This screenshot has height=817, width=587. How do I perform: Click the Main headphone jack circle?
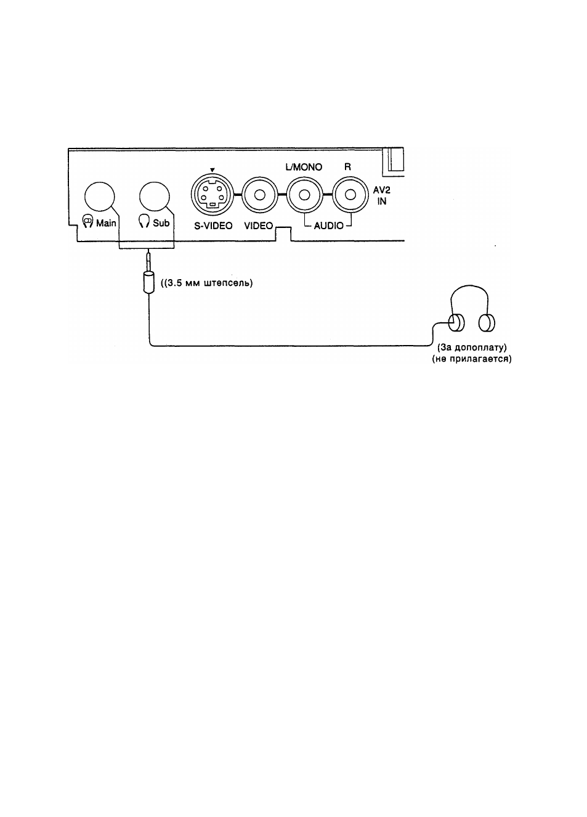coord(99,197)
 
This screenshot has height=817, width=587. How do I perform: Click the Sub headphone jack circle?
coord(154,197)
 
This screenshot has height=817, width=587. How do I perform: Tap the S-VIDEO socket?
coord(213,195)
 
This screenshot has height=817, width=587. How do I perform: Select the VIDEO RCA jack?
coord(259,195)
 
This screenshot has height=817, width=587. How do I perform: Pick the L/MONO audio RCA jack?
coord(304,195)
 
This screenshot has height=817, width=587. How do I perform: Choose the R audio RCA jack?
coord(350,195)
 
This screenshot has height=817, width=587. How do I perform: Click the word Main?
coord(106,223)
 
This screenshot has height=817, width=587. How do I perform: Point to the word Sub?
coord(161,223)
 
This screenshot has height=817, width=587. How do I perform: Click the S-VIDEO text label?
coord(213,226)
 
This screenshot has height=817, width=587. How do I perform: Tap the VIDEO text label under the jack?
coord(259,226)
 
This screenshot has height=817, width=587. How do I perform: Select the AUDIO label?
coord(328,226)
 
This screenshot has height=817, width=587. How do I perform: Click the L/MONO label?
coord(304,167)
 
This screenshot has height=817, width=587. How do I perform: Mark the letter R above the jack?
coord(347,167)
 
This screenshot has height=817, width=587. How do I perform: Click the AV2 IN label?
coord(382,196)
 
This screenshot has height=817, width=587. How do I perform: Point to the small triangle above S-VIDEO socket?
coord(213,170)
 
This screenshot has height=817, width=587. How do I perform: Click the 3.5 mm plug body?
coord(148,282)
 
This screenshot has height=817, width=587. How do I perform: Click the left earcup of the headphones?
coord(456,323)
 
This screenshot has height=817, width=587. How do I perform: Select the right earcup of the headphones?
coord(487,323)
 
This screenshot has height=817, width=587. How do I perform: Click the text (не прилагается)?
coord(472,359)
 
